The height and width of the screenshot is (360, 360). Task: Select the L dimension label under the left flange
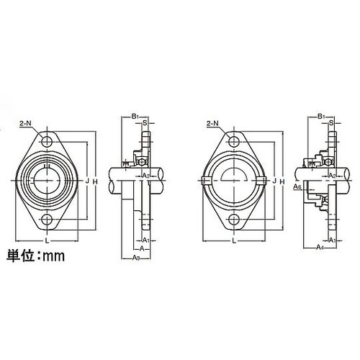[48, 242]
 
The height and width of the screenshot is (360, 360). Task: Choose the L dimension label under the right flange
[235, 242]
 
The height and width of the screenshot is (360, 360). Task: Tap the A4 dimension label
[319, 247]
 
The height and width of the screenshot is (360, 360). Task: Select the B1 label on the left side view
[135, 116]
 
